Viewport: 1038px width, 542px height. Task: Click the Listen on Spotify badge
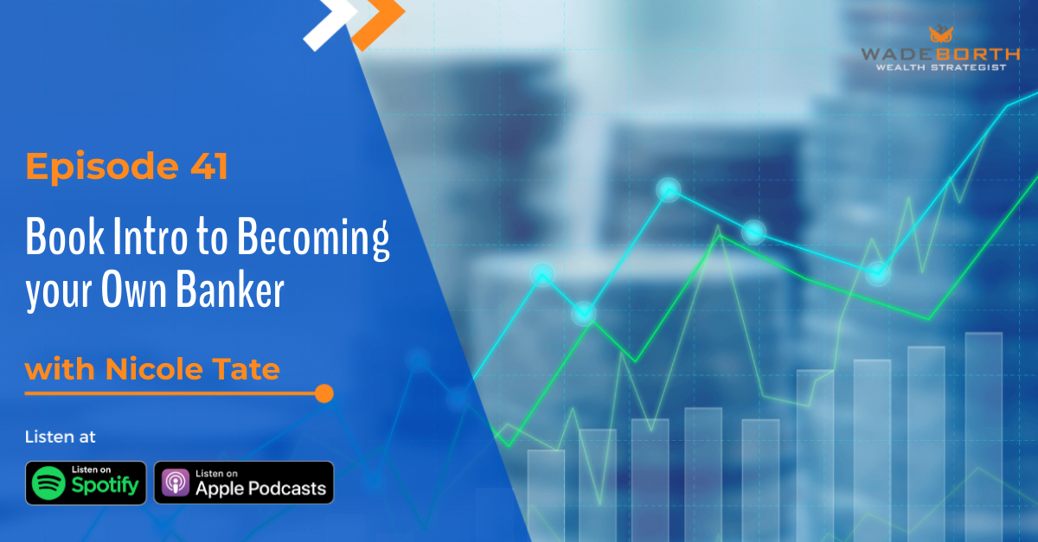tap(86, 482)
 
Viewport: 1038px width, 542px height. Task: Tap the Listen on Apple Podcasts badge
tap(244, 482)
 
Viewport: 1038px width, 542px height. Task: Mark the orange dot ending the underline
tap(324, 393)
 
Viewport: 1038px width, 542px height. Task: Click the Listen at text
tap(61, 437)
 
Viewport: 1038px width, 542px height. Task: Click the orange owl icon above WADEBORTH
tap(939, 35)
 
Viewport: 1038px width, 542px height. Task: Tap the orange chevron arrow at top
tap(381, 15)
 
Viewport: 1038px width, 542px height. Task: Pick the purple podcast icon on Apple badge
tap(175, 483)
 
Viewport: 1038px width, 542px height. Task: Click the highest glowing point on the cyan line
tap(668, 189)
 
